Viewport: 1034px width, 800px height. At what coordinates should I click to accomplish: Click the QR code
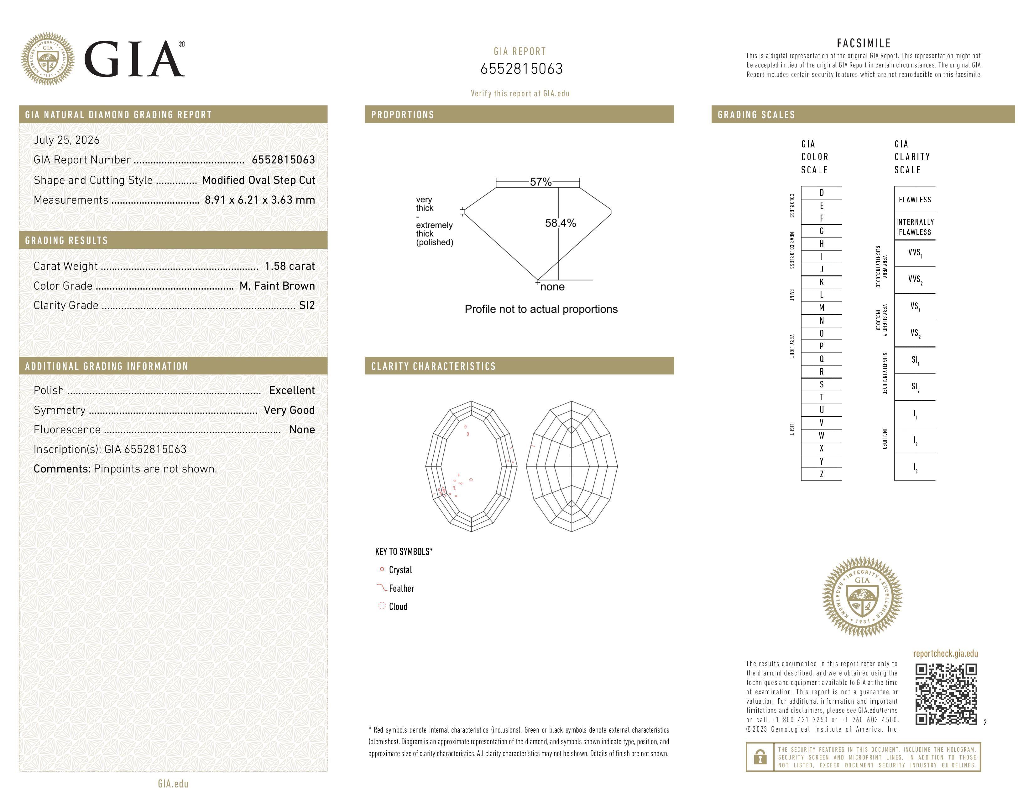pos(946,694)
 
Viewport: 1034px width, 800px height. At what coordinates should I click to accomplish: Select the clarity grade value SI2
pos(307,305)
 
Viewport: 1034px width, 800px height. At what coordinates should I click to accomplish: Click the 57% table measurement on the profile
pos(541,182)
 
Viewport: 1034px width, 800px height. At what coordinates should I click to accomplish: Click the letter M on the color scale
pos(822,307)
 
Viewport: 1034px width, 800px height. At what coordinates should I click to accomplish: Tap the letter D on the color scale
pos(822,192)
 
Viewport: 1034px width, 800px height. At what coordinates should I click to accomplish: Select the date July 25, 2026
pos(67,140)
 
